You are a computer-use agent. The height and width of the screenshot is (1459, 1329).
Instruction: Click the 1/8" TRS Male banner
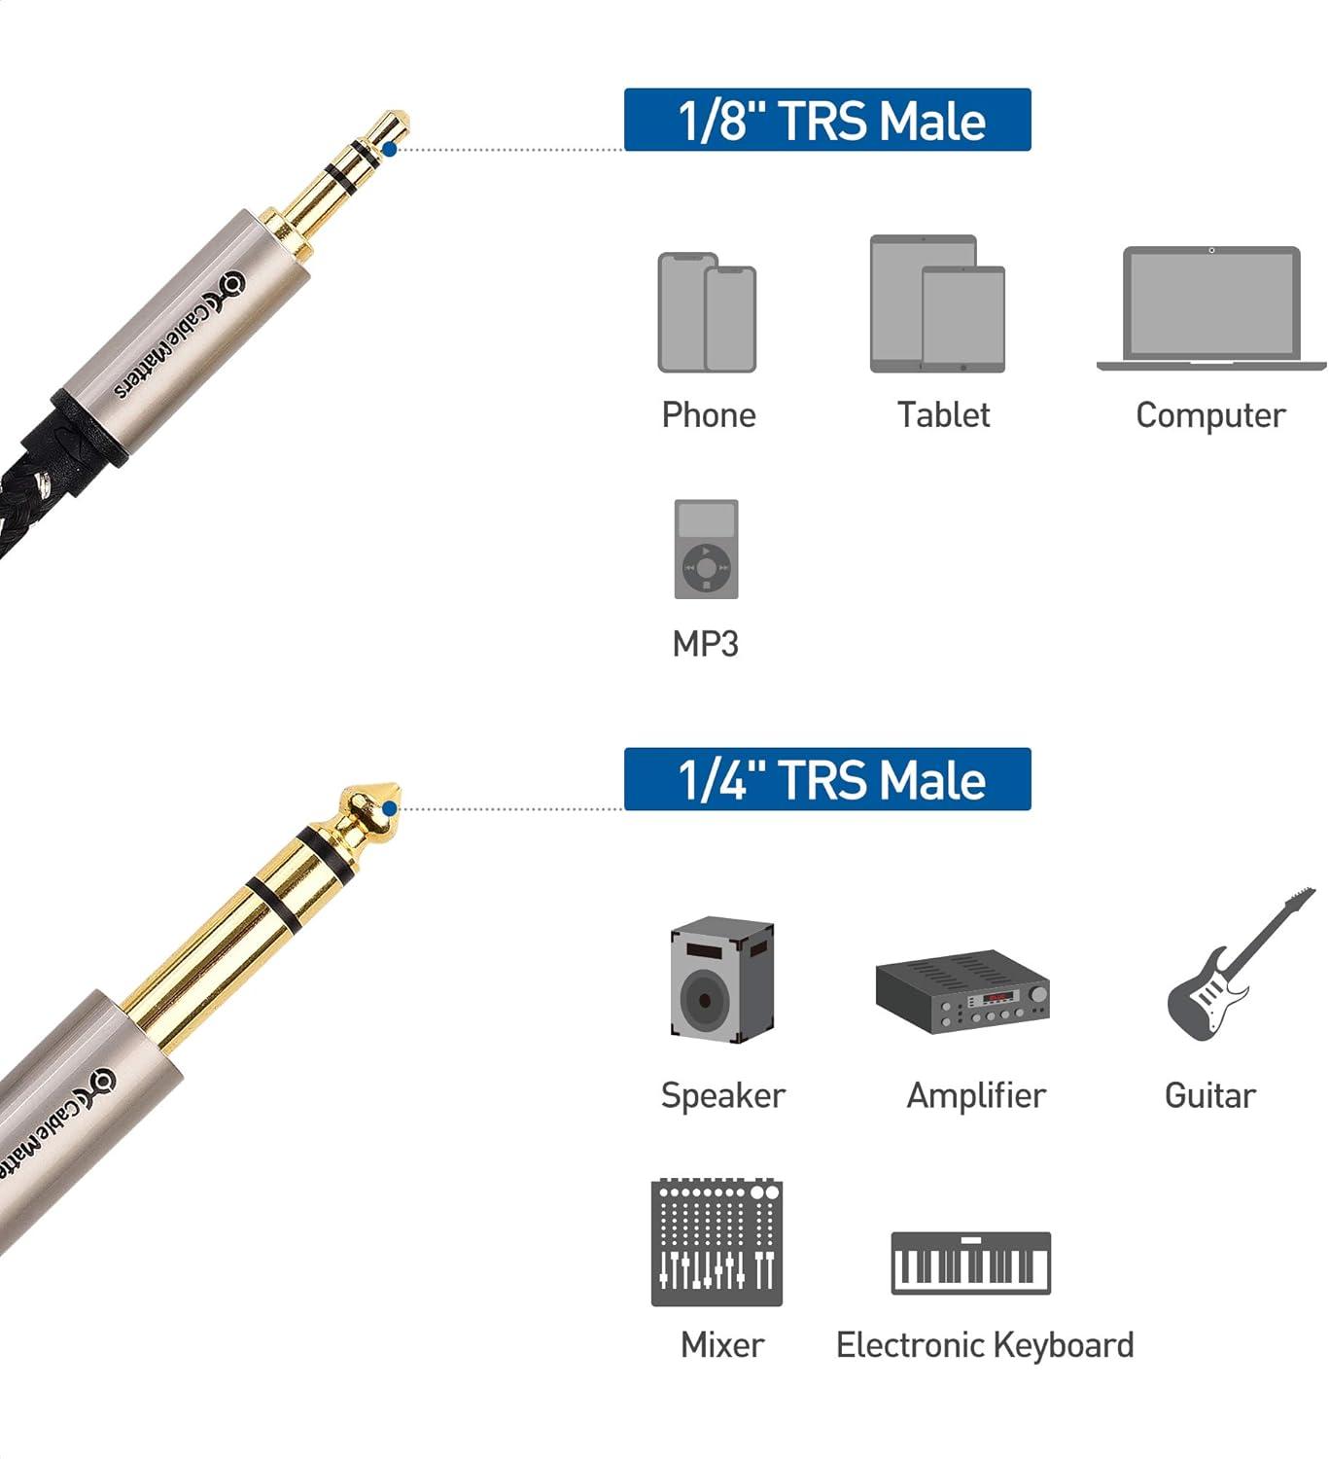click(827, 120)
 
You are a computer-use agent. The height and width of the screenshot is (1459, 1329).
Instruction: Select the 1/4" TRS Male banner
click(827, 779)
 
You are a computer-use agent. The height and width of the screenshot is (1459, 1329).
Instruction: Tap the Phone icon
click(707, 313)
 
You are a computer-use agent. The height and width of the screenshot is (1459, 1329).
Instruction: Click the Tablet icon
click(937, 304)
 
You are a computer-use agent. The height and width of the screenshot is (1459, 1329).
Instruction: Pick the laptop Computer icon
click(1211, 308)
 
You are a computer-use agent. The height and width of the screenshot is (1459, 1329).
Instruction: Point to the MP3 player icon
click(706, 550)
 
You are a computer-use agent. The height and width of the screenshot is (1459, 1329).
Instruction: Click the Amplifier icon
click(962, 990)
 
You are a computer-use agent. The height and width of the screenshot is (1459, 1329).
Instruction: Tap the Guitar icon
click(1241, 964)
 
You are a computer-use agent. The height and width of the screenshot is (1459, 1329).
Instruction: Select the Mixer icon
click(717, 1241)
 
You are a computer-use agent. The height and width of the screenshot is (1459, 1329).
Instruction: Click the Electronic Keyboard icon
click(970, 1263)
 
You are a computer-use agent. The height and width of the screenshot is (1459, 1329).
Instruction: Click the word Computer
click(1210, 416)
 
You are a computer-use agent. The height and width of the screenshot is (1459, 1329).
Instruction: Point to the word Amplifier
click(976, 1095)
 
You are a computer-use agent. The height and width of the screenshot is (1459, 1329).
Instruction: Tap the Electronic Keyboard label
click(985, 1345)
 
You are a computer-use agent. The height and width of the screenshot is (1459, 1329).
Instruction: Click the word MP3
click(705, 644)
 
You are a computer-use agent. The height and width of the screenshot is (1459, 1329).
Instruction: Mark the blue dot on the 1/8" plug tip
click(390, 149)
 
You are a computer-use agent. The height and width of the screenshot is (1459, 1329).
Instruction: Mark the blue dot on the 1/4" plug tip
click(390, 808)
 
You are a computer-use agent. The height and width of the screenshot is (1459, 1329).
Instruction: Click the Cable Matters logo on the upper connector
click(181, 336)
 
